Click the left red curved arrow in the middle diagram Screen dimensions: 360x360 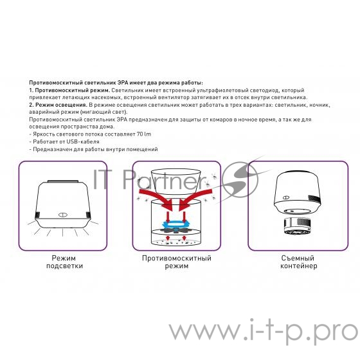point(154,196)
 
